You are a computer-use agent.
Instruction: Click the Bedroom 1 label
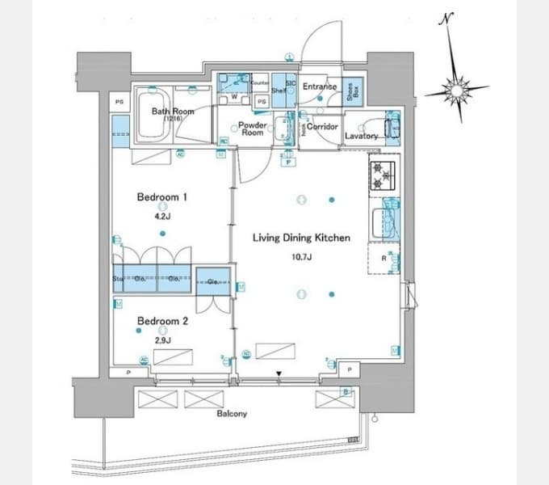click(x=161, y=196)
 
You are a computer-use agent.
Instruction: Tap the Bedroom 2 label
click(x=162, y=321)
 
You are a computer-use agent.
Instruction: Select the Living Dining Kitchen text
click(x=301, y=238)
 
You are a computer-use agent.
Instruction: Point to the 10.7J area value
click(x=300, y=258)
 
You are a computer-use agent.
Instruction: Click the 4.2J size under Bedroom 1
click(x=161, y=216)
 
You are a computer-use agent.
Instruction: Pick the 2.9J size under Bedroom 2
click(x=162, y=339)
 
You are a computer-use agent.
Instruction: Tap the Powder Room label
click(x=251, y=129)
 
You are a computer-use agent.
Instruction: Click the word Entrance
click(x=320, y=86)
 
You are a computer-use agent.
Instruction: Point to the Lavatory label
click(x=361, y=136)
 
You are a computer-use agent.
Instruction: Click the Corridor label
click(x=321, y=127)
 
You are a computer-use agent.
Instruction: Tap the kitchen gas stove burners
click(x=382, y=175)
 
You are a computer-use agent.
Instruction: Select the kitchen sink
click(x=383, y=217)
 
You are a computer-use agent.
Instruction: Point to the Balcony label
click(x=232, y=414)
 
